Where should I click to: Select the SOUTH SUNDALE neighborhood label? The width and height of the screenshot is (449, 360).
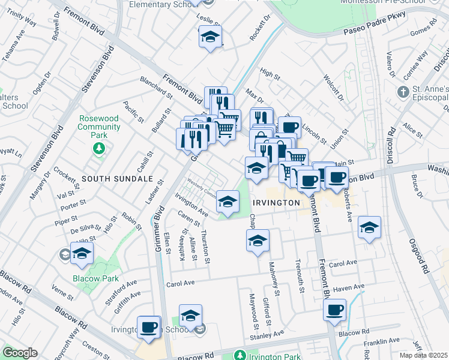pos(117,179)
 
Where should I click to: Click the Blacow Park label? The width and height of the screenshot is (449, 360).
pos(95,279)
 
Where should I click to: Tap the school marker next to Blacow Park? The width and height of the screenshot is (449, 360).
pos(82,253)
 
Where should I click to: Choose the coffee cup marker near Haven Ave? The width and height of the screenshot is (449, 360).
pos(334,310)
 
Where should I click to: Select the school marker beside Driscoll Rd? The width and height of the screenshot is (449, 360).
pos(369,227)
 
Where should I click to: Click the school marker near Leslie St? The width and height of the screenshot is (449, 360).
pos(211,37)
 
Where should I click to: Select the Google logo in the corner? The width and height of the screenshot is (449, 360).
pos(19,353)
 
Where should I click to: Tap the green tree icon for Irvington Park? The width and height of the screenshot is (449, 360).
pos(240,355)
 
